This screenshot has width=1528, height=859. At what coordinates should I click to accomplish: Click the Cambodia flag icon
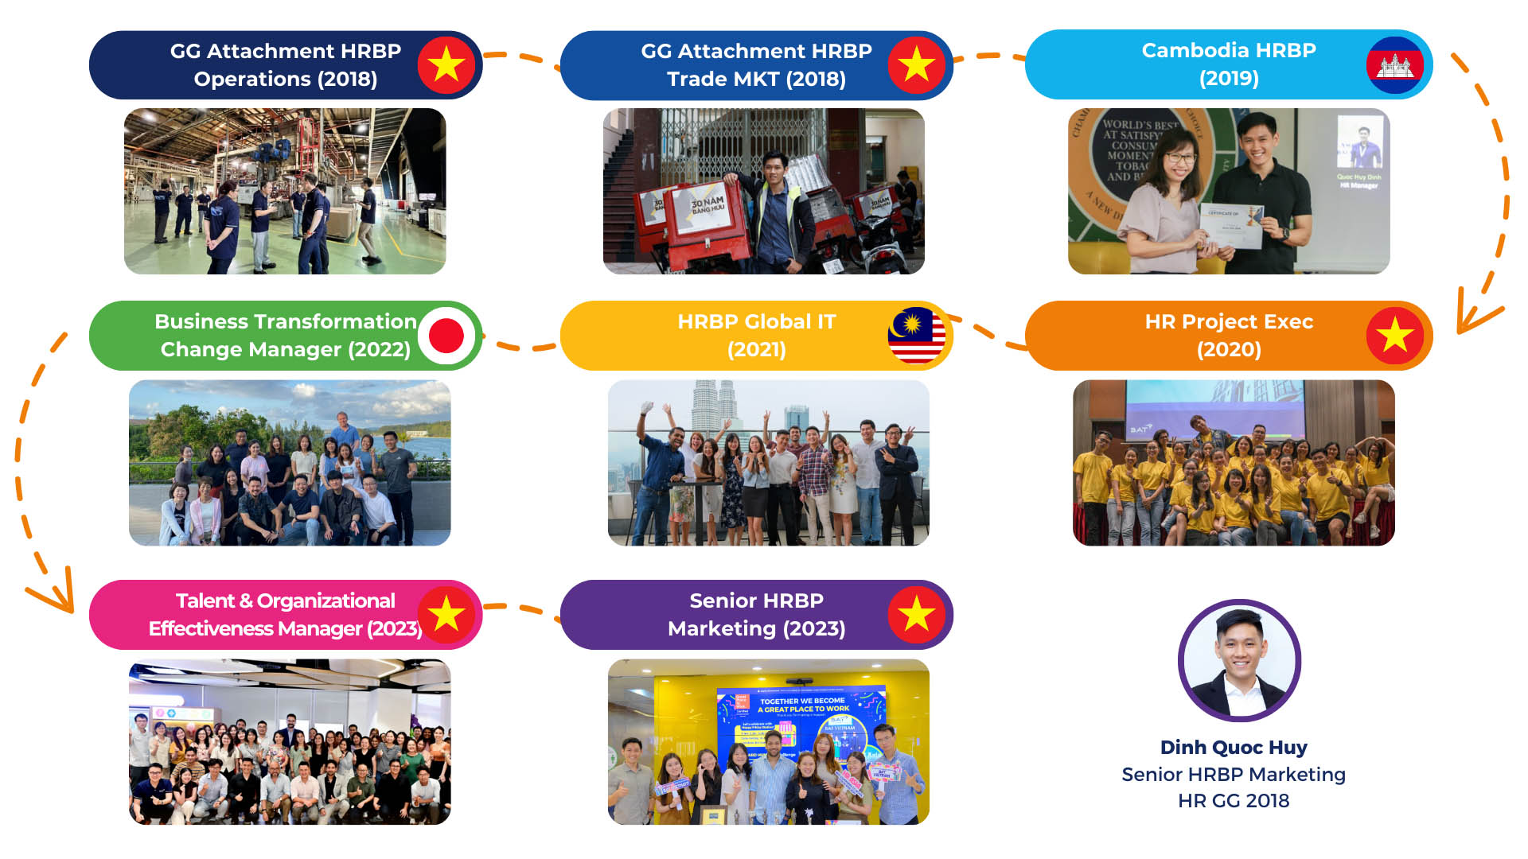pyautogui.click(x=1394, y=65)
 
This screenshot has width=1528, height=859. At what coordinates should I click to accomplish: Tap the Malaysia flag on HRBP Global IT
pyautogui.click(x=916, y=336)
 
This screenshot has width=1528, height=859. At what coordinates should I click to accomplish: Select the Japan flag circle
pyautogui.click(x=446, y=336)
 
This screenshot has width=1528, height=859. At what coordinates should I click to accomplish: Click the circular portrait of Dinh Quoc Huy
pyautogui.click(x=1239, y=661)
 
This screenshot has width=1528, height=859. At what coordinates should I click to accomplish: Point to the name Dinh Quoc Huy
pyautogui.click(x=1234, y=748)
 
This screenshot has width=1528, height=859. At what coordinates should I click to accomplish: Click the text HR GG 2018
pyautogui.click(x=1234, y=801)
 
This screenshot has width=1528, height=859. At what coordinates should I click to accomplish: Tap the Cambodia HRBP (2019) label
pyautogui.click(x=1228, y=64)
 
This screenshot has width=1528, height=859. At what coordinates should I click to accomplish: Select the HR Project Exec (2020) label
pyautogui.click(x=1228, y=335)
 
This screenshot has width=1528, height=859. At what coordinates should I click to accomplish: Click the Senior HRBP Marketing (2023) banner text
pyautogui.click(x=756, y=614)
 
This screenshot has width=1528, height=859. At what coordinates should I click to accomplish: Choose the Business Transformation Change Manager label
pyautogui.click(x=285, y=335)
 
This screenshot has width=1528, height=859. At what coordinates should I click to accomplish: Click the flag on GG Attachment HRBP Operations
pyautogui.click(x=446, y=64)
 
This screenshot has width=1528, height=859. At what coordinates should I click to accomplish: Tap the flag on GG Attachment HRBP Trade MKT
pyautogui.click(x=917, y=64)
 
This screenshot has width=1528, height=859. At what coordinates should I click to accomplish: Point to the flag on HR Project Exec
pyautogui.click(x=1395, y=336)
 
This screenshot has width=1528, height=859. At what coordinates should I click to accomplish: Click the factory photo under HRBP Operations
pyautogui.click(x=285, y=192)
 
